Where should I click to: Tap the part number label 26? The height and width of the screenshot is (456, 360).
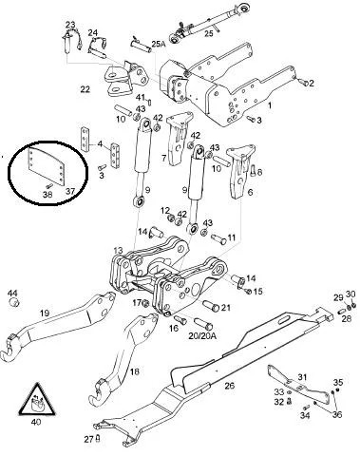point(229,385)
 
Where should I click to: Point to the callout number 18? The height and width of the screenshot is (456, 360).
point(134,372)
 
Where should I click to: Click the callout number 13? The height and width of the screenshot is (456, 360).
point(118,251)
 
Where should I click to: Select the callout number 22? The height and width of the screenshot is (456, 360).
point(85,88)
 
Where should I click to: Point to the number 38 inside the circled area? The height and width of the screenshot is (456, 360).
point(47,193)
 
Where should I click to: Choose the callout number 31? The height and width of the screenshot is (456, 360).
point(302,378)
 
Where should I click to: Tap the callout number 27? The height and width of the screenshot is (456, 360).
point(85,439)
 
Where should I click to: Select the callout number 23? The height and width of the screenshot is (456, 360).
point(69,25)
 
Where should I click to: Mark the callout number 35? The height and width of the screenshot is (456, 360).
point(336,383)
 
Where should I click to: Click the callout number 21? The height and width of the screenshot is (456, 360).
point(225,308)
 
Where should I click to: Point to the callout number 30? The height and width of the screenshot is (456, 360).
point(351,294)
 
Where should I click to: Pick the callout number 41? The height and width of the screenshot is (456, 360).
point(139,99)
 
